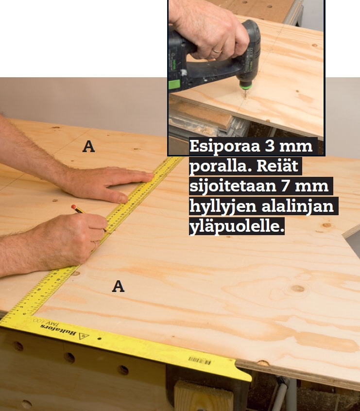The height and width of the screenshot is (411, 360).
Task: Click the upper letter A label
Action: point(88,146)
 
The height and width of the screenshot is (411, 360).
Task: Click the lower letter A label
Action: point(118,286)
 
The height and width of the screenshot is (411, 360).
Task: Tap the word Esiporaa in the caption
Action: point(224,147)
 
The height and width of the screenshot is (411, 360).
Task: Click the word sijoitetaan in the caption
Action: point(233,186)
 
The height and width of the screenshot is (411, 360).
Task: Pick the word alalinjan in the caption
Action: point(298,206)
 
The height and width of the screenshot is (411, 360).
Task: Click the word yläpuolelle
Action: point(237,226)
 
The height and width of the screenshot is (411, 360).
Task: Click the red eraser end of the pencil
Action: point(73,207)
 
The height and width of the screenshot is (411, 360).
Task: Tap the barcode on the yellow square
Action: point(200,360)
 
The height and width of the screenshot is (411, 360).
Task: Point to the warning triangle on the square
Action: point(84,336)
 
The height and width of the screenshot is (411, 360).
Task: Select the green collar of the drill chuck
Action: point(246,85)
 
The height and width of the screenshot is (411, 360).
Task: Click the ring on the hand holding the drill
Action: point(217,51)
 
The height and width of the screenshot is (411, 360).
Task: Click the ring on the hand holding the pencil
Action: point(95,245)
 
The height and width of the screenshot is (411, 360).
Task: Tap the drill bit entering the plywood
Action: point(245,94)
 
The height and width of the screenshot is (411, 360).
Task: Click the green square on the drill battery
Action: point(174,85)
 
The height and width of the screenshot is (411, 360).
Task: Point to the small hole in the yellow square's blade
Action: point(100,339)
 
